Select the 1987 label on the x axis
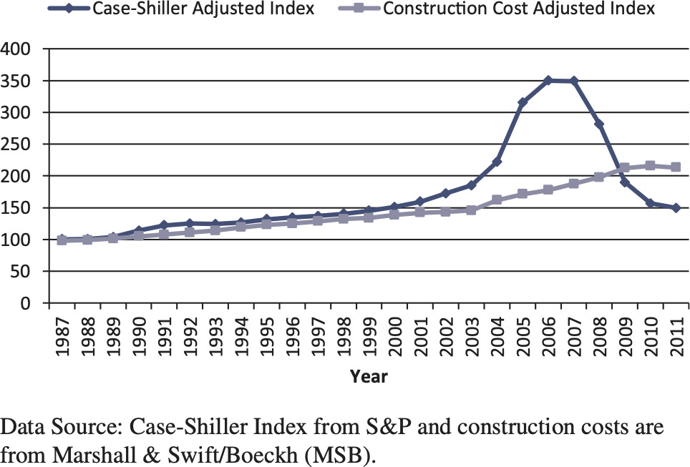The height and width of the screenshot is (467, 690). pos(62,332)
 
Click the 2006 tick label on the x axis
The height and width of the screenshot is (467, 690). pos(548,332)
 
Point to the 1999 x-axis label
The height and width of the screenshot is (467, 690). pos(369,332)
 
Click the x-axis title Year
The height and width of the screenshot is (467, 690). pos(369,376)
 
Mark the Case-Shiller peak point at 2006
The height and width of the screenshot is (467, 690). pos(548,81)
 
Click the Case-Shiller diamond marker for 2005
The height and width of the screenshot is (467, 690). pos(523,103)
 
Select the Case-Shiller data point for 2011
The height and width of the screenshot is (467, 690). pos(676,208)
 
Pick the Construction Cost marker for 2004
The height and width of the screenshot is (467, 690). pos(497,200)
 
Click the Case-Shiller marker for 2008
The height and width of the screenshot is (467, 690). pos(599,124)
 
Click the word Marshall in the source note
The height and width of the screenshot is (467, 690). pos(75,452)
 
